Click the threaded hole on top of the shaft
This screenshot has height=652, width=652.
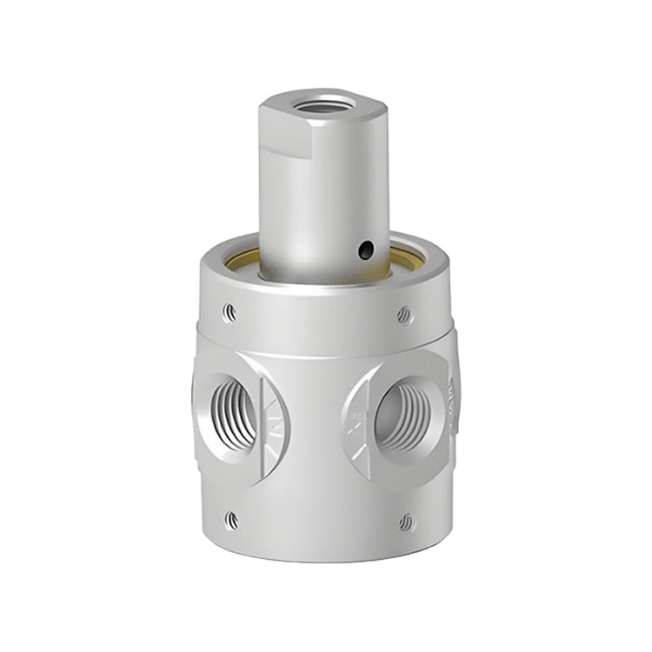(x=323, y=106)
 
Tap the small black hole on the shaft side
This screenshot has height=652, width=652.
(x=366, y=250)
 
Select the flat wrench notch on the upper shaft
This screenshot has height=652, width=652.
(x=283, y=130)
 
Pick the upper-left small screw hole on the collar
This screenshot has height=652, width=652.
(x=229, y=311)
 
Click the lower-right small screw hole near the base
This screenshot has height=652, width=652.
(x=407, y=522)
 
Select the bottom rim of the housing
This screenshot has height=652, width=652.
(x=323, y=556)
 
